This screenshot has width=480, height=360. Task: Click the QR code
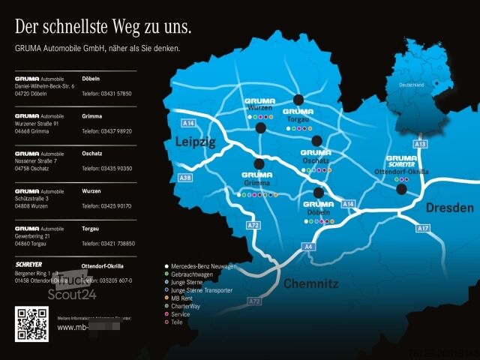(x=32, y=324)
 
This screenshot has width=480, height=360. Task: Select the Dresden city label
(x=450, y=208)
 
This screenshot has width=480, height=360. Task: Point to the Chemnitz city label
(x=310, y=283)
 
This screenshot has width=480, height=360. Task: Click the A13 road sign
(x=420, y=143)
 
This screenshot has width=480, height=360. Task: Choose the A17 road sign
(x=423, y=227)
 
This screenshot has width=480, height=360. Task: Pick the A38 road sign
(x=185, y=178)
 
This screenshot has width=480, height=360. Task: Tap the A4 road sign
(x=309, y=246)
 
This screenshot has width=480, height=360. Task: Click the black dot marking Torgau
(x=298, y=100)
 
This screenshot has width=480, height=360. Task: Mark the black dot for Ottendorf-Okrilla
(x=401, y=189)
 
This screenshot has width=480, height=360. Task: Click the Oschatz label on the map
(x=314, y=160)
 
